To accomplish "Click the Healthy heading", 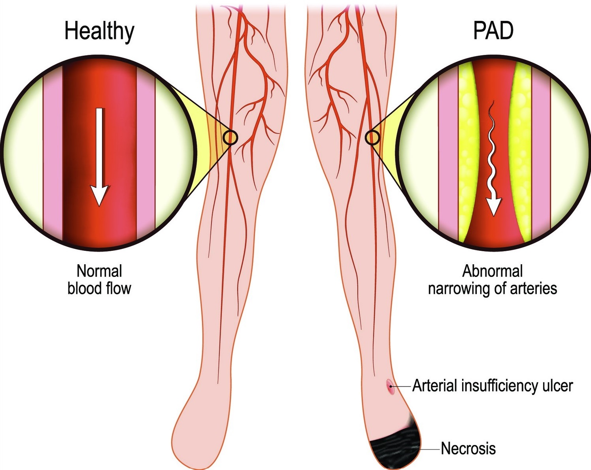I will (x=99, y=32).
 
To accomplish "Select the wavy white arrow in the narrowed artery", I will (x=492, y=158).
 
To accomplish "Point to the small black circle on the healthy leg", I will (x=230, y=137).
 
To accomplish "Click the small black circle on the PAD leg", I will (x=372, y=137).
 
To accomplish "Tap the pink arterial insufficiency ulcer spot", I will (x=390, y=386).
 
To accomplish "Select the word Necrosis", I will (x=468, y=449).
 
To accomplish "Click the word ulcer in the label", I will (x=557, y=386).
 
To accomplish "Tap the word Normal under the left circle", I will (x=99, y=271).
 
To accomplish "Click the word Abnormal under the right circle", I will (x=492, y=271).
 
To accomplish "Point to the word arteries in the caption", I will (x=534, y=289).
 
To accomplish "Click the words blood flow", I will (x=99, y=289).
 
